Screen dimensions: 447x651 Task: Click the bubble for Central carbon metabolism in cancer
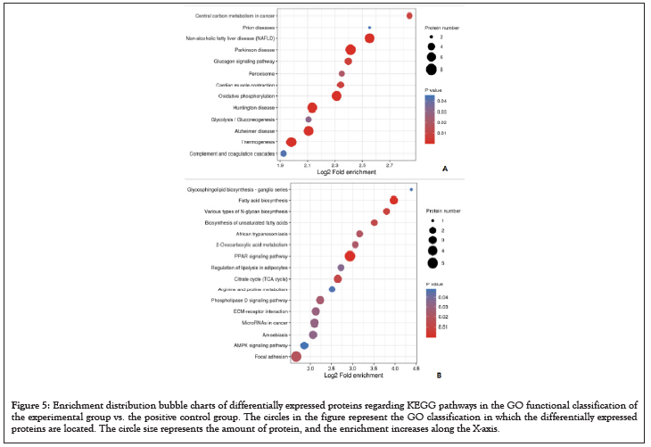point(409,16)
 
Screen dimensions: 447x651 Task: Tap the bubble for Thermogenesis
point(291,142)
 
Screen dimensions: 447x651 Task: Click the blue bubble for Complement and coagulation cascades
point(284,153)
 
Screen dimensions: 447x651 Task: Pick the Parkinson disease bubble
point(350,50)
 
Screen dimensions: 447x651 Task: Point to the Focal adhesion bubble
point(296,357)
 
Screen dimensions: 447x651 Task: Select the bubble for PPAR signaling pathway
point(350,256)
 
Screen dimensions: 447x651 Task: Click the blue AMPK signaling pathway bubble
point(304,345)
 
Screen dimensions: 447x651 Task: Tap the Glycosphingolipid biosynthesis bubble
point(411,189)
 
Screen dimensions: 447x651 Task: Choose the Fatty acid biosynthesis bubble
point(393,201)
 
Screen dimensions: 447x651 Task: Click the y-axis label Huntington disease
point(254,107)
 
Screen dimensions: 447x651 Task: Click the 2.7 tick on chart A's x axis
point(389,165)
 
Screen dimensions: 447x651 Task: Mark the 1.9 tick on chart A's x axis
point(282,165)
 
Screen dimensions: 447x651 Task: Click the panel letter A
point(444,168)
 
